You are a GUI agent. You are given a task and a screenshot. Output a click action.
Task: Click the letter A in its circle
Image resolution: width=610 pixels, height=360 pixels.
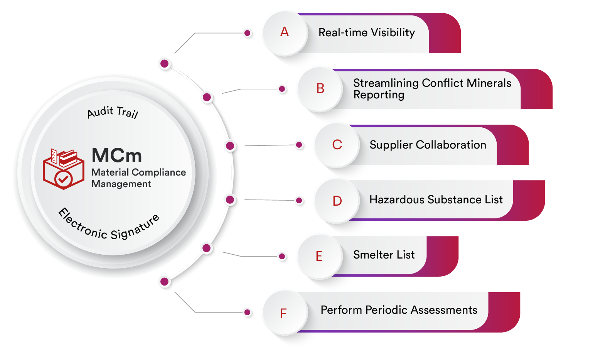[x=285, y=32]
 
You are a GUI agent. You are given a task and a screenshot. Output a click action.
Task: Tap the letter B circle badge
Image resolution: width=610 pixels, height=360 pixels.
[x=320, y=89]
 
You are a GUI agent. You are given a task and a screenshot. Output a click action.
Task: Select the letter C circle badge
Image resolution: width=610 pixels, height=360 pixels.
[x=337, y=145]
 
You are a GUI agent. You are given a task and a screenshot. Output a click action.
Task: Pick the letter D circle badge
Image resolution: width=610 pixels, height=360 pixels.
[x=337, y=201]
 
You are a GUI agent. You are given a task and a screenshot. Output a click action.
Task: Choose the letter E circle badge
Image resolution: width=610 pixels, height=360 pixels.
[x=319, y=257]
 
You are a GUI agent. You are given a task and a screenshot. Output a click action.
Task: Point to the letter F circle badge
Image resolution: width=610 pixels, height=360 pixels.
[x=284, y=314]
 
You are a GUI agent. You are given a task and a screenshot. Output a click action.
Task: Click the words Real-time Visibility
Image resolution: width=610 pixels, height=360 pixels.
[x=366, y=33]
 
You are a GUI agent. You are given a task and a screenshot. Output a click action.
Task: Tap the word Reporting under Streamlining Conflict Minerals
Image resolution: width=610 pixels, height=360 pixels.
[x=379, y=95]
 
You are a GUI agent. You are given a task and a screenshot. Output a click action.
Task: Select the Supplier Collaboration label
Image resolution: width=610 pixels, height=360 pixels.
[x=428, y=145]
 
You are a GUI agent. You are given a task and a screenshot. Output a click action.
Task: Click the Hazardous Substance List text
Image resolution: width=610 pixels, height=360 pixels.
[x=436, y=200]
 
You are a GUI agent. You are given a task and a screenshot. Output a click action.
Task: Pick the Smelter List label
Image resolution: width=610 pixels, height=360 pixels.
[x=384, y=255]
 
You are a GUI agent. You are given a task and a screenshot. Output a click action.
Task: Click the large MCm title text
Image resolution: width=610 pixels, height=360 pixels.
[x=117, y=155]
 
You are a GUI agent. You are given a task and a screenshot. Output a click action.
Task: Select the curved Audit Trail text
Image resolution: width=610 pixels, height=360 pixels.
[x=113, y=112]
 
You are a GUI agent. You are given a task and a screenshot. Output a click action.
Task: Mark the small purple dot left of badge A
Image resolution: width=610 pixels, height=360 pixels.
[x=248, y=33]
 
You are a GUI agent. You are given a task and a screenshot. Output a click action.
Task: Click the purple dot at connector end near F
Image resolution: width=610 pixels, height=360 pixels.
[x=248, y=313]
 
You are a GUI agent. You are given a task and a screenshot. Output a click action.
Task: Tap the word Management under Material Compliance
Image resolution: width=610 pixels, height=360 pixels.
[x=121, y=184]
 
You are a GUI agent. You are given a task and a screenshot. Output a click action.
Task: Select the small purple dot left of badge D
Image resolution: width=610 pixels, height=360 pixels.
[x=299, y=201]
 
